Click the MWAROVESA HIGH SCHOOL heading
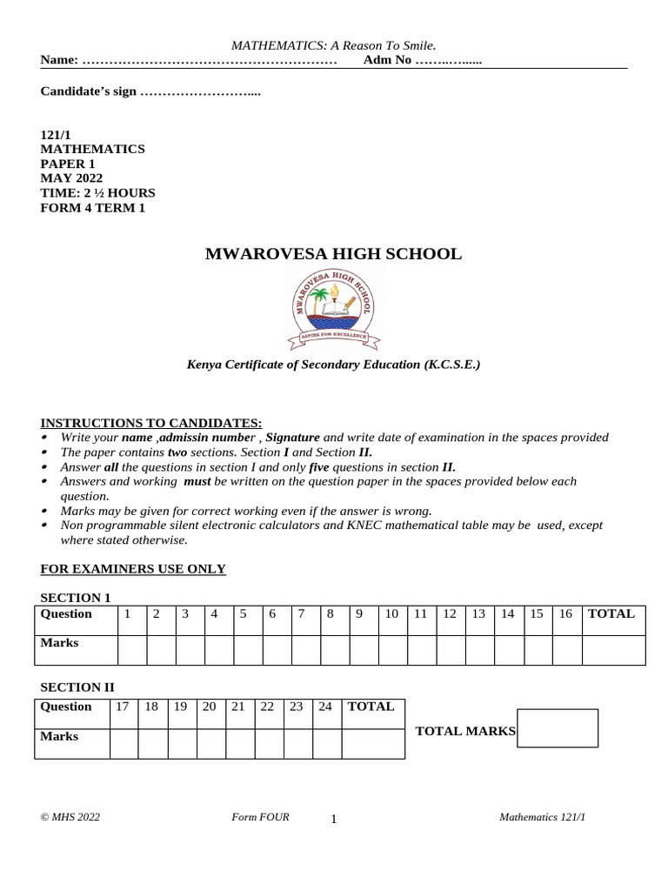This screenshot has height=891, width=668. (x=333, y=254)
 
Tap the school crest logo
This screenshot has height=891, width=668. (x=334, y=306)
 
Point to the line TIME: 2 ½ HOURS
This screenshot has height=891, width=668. (x=97, y=193)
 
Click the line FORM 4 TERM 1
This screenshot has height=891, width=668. (x=93, y=207)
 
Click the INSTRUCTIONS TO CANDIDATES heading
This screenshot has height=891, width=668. (x=151, y=423)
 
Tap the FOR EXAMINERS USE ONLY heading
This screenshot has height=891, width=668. (x=133, y=569)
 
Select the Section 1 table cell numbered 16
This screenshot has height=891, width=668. (x=565, y=614)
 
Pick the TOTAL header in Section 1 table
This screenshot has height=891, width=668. (x=611, y=614)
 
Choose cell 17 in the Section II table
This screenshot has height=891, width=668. (x=123, y=707)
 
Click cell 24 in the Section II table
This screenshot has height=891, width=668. (x=326, y=707)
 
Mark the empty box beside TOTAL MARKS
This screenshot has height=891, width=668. (x=558, y=728)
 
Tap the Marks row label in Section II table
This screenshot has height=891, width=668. (x=59, y=736)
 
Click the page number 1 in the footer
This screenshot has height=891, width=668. (x=334, y=819)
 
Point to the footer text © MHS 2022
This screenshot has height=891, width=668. (x=70, y=817)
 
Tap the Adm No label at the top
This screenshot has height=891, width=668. (x=387, y=60)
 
